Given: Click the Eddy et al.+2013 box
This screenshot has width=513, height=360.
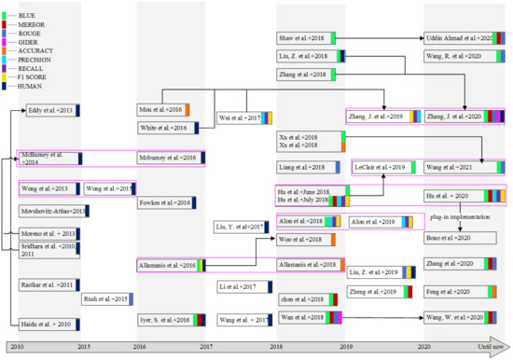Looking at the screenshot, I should (x=50, y=110).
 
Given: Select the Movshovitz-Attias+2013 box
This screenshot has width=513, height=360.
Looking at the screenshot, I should (x=53, y=211).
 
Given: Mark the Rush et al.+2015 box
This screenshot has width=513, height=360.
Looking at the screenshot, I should (x=104, y=298).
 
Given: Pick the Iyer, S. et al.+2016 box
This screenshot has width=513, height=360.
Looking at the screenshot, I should (x=164, y=320).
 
